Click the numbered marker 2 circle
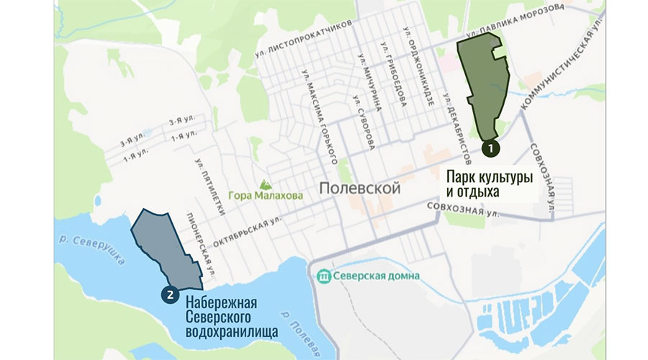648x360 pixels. (x=169, y=293)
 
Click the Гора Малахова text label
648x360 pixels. (x=261, y=194)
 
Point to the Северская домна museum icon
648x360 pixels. (x=324, y=275)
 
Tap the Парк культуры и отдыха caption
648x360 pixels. (x=489, y=184)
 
